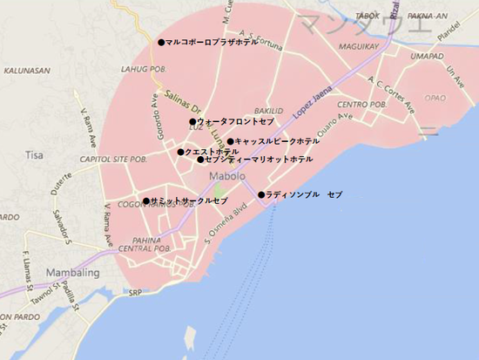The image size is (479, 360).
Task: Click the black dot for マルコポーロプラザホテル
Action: [161, 42]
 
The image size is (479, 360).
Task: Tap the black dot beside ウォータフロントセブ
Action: [192, 122]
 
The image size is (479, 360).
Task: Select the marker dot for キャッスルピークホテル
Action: [231, 141]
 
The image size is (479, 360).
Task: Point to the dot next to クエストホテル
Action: [181, 152]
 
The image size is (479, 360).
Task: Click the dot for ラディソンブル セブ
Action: [261, 194]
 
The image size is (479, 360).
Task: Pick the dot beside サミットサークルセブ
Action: [146, 201]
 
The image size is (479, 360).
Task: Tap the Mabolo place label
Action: [227, 177]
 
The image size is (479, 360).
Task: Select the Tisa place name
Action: [35, 155]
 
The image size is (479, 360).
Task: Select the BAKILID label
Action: [268, 111]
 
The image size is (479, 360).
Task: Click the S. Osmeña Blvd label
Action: [225, 221]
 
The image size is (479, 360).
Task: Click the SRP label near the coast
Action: [135, 294]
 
